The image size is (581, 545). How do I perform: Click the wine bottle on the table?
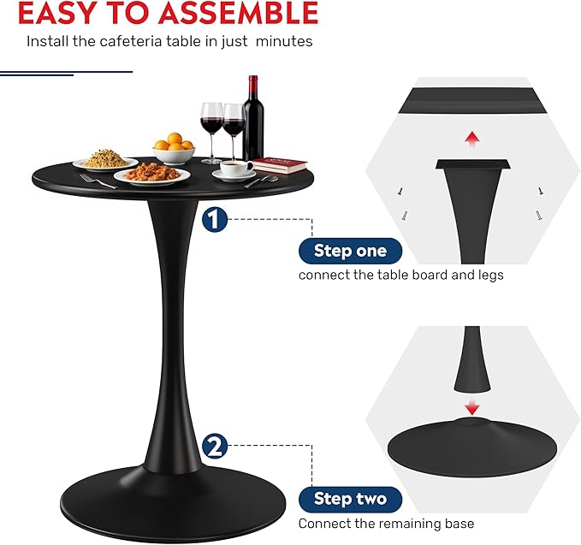tap(253, 118)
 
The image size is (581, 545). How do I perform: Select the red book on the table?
tap(280, 164)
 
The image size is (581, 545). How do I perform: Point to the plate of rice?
tap(105, 160)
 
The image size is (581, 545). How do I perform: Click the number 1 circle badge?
tap(215, 220)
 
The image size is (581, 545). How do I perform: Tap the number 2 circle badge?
tap(215, 446)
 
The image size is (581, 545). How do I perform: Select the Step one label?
tap(350, 251)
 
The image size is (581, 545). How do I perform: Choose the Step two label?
tap(350, 499)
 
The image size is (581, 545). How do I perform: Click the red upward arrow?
tap(472, 139)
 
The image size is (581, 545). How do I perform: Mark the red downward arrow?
tap(472, 406)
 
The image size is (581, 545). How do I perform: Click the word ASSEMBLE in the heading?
tap(240, 14)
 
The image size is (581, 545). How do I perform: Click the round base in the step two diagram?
tap(472, 447)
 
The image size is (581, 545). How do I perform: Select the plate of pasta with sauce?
tap(152, 175)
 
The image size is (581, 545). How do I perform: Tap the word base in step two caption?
tap(459, 524)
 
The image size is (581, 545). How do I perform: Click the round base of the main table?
tap(173, 505)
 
